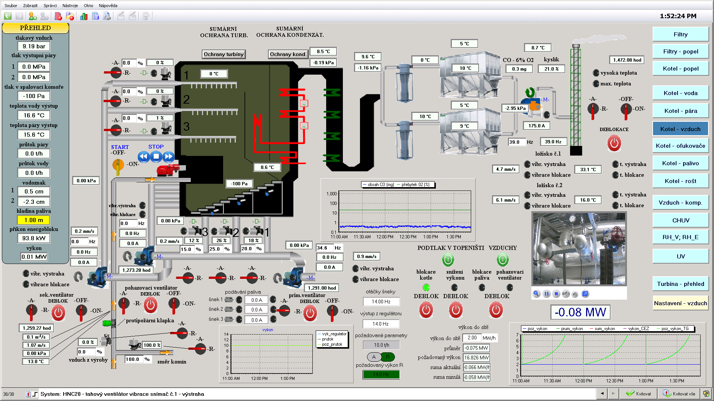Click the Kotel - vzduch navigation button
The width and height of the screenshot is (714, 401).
pos(680,129)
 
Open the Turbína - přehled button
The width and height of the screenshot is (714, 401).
pos(680,284)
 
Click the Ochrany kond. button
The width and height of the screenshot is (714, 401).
pos(288,54)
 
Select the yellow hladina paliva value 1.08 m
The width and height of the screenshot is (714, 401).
pos(34,220)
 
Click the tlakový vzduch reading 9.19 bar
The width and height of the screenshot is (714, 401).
pos(34,46)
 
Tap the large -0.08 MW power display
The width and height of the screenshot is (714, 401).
pos(580,312)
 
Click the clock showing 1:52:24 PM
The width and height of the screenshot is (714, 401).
pos(678,16)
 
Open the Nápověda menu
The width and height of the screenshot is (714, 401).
pos(108,6)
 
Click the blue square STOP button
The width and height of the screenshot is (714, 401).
pos(156,156)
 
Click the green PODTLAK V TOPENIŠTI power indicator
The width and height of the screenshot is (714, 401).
pos(448,259)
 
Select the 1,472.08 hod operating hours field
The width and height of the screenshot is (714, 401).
pos(627,60)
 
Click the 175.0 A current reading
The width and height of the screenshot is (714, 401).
pos(536,126)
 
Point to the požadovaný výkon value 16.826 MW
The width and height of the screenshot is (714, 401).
pos(476,358)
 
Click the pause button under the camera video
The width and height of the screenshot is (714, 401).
pos(546,294)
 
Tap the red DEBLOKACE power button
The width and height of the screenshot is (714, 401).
pos(614,143)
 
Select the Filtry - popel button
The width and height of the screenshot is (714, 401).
pos(680,52)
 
